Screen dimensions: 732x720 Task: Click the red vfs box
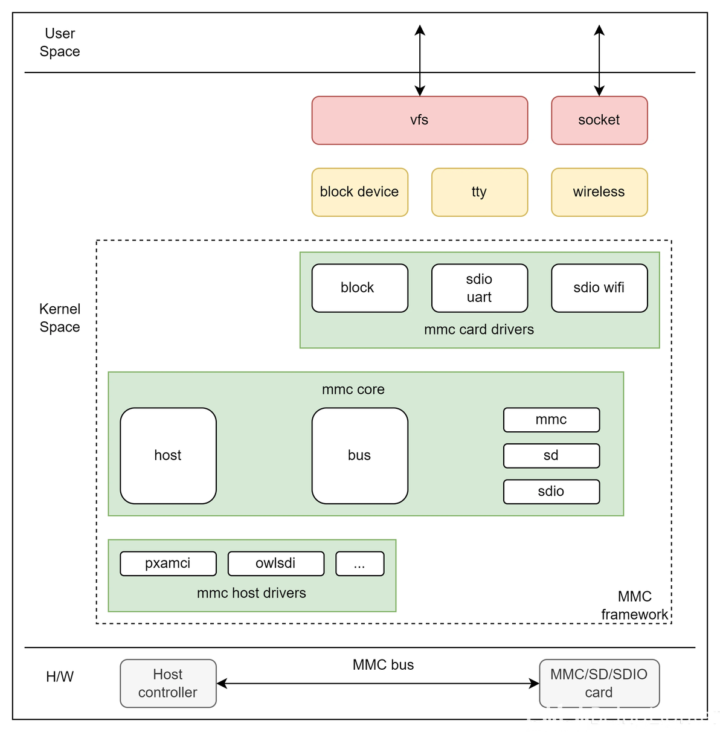point(419,120)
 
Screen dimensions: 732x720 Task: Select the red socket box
point(599,120)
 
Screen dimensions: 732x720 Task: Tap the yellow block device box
point(359,192)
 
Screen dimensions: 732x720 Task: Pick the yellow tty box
point(479,192)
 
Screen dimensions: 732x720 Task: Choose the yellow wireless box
point(599,192)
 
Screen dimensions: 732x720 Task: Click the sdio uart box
point(479,288)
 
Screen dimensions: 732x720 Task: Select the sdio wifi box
point(599,288)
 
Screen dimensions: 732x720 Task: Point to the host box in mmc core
point(168,455)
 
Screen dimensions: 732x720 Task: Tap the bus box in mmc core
point(359,455)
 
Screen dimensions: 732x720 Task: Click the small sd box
point(551,455)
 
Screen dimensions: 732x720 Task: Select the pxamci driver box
point(168,563)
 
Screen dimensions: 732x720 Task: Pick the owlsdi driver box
point(275,563)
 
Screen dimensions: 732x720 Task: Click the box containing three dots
point(359,563)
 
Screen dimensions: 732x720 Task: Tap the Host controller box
point(168,683)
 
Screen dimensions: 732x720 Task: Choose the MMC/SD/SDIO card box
point(599,683)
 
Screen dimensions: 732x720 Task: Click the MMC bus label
point(383,665)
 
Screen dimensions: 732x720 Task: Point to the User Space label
point(60,42)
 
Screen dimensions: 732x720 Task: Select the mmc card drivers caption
point(479,330)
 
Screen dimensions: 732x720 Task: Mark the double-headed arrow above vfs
point(420,60)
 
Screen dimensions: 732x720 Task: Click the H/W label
point(60,677)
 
